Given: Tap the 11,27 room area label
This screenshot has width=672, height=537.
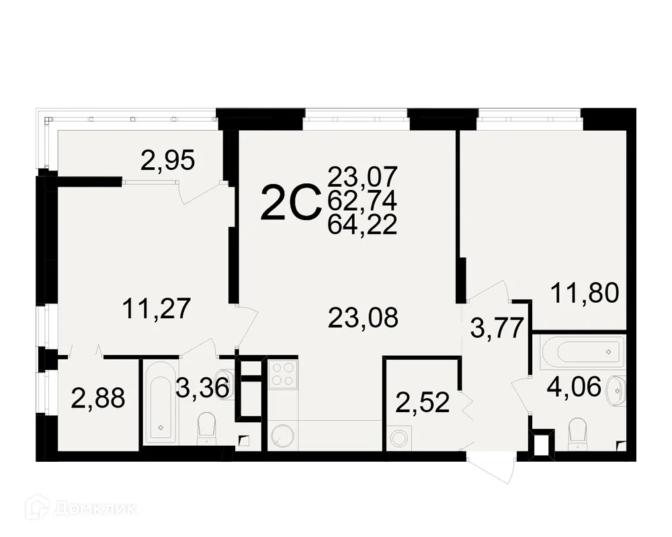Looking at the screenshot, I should pos(157,309).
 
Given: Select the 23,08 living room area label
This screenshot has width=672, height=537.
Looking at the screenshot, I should pos(363,317).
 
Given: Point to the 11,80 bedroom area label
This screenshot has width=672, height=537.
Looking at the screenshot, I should pos(584,293).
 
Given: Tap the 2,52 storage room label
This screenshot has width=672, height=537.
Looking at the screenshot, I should pos(423,405).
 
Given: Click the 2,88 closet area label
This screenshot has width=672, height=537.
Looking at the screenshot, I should pos(98,399).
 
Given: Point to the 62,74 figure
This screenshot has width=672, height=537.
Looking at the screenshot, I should pos(363,200).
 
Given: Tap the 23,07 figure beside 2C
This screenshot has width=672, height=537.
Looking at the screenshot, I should pos(363,177).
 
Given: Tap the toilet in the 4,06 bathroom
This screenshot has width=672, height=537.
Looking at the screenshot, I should pos(577,433).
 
